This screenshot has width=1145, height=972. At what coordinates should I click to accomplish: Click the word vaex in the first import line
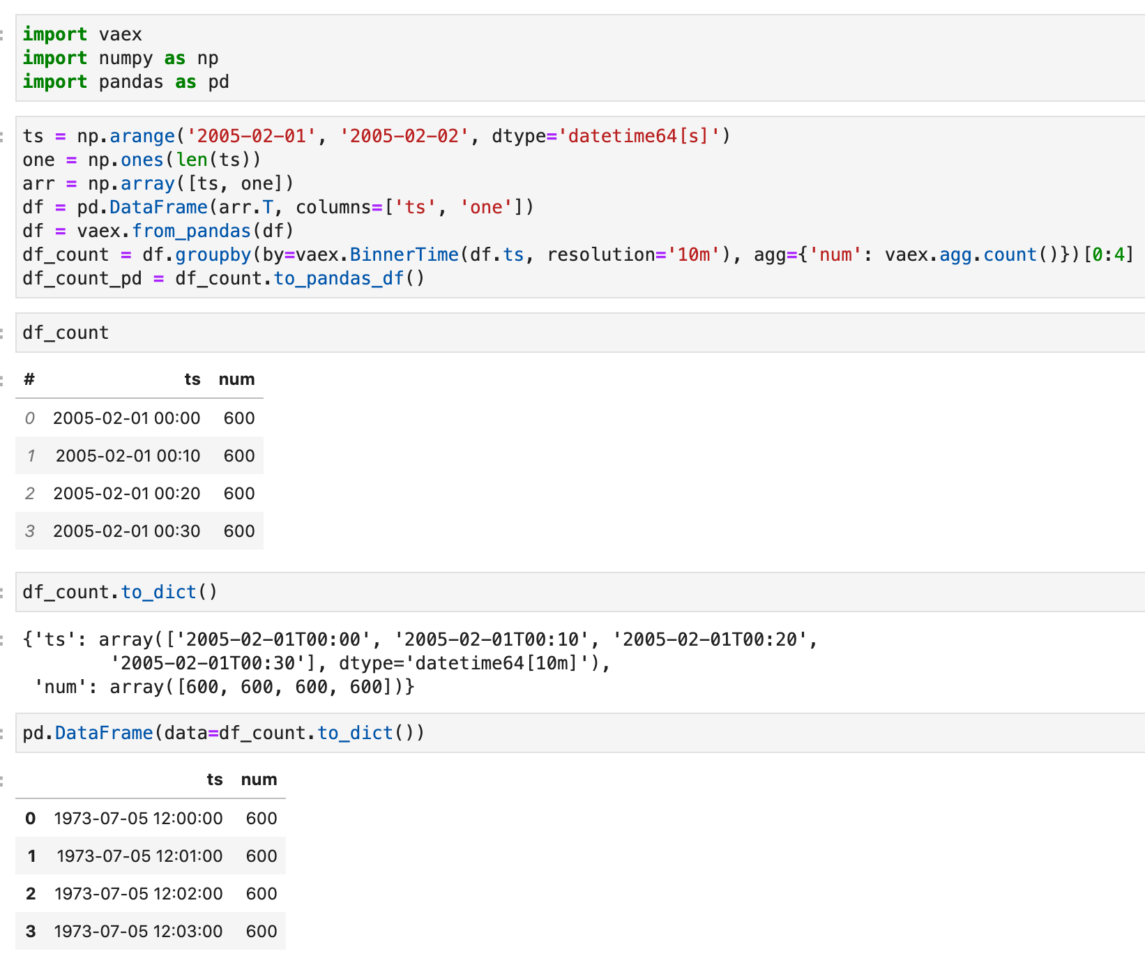coord(120,34)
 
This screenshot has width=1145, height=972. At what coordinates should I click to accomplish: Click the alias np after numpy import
coord(208,58)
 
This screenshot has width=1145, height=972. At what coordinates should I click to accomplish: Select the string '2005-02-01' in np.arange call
coord(252,136)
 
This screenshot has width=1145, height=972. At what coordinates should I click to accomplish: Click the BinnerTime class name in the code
coord(404,255)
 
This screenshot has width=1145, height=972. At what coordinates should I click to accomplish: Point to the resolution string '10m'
coord(694,255)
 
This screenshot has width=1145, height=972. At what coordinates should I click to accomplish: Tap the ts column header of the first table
coord(192,379)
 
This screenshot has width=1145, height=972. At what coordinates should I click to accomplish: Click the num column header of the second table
coord(259,780)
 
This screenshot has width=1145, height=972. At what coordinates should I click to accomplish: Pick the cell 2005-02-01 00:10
coord(128,456)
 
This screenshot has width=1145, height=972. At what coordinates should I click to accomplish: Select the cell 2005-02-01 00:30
coord(126,531)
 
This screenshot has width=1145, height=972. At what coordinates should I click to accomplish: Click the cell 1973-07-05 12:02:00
coord(138,894)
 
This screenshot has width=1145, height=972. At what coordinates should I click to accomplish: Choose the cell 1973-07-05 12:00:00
coord(138,819)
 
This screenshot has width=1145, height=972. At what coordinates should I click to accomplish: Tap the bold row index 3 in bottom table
coord(31,932)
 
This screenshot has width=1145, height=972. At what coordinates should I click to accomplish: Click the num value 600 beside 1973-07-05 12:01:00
coord(261,856)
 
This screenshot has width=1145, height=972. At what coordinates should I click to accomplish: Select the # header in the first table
coord(29,379)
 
